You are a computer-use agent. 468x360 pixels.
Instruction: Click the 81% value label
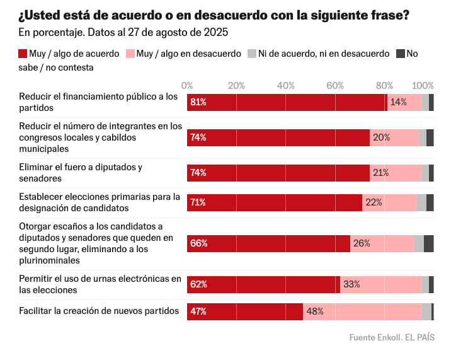coord(199,102)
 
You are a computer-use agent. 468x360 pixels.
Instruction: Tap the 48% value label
coord(315,311)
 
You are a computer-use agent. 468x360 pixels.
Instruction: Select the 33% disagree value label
coord(351,284)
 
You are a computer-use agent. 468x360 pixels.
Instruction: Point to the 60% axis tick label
coord(335,86)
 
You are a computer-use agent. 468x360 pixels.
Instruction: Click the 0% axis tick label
coord(187,86)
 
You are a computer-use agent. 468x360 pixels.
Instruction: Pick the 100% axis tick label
coord(423,86)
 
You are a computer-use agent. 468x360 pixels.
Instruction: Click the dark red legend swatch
coord(23,54)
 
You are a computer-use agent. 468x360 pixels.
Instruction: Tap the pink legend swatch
coord(130,54)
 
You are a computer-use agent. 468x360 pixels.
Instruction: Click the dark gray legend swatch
coord(400,54)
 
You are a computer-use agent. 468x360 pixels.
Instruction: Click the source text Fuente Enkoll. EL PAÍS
coord(392,337)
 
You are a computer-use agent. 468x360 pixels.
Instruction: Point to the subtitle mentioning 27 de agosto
coord(123,32)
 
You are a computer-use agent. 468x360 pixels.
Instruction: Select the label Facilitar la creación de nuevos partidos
coord(99,311)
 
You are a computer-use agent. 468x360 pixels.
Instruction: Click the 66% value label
coord(199,243)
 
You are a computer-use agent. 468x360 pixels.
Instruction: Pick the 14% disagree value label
coord(398,102)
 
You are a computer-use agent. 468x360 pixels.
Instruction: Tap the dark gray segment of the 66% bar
coord(428,243)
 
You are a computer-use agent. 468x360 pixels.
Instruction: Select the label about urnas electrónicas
coord(100,284)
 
